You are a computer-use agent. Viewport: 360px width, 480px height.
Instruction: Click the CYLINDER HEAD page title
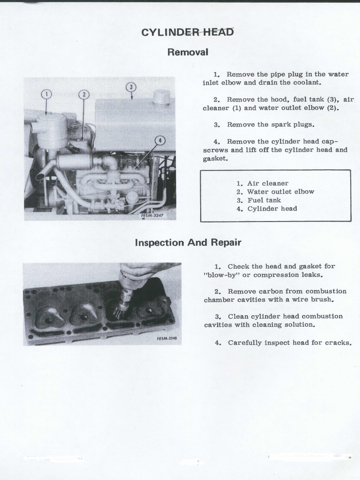coord(187,32)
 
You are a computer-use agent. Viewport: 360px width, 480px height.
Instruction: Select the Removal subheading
coord(187,52)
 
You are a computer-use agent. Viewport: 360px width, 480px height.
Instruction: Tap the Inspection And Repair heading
coord(188,242)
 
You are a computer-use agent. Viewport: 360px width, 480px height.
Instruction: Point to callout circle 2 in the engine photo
coord(83,95)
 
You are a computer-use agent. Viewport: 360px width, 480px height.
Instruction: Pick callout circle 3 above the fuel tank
coord(131,87)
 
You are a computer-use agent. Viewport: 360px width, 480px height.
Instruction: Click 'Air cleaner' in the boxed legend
coord(268,183)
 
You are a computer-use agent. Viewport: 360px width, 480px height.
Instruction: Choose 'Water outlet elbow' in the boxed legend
coord(280,192)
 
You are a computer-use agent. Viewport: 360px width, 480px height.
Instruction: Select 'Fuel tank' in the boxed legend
coord(264,200)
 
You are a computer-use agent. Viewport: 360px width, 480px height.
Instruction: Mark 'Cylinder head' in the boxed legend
coord(272,209)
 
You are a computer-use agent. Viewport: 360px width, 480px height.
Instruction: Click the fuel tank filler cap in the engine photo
coord(162,97)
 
